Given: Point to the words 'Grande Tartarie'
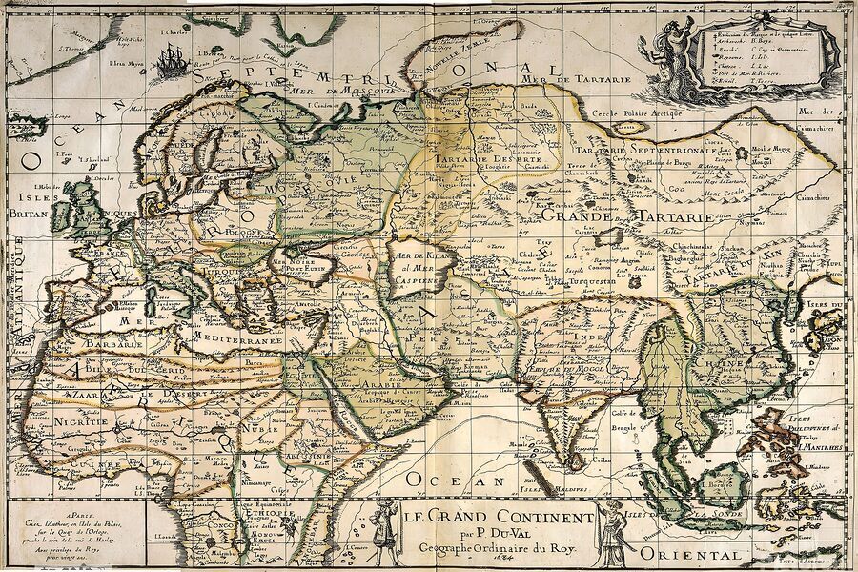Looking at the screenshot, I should [x=628, y=217].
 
